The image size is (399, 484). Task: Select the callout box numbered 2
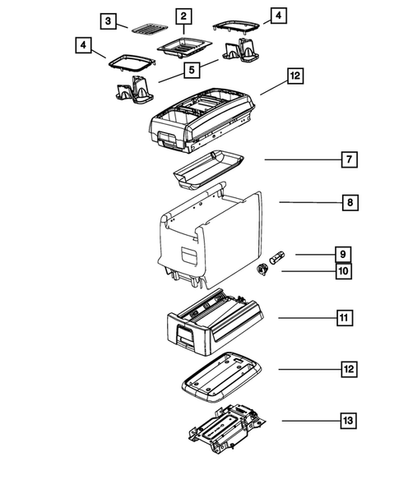point(183,16)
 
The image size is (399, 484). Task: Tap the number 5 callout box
point(190,71)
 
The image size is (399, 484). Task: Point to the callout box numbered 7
point(350,159)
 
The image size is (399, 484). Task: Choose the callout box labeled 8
point(350,201)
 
